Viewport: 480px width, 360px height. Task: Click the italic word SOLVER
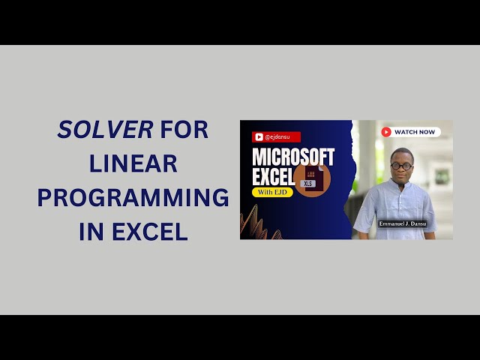click(105, 130)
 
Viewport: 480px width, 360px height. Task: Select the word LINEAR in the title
click(133, 163)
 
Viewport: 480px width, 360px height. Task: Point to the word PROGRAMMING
click(133, 198)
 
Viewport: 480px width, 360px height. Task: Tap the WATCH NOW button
click(409, 132)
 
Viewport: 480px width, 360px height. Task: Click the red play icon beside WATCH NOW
click(386, 132)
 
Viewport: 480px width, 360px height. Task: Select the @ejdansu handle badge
click(277, 137)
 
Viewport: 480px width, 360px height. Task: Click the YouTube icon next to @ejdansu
click(259, 137)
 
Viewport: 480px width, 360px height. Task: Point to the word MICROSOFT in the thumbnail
click(293, 157)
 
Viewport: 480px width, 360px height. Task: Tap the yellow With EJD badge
click(271, 193)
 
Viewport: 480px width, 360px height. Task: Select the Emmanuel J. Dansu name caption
click(403, 223)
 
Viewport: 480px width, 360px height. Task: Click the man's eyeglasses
click(401, 166)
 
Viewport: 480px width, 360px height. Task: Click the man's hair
click(401, 152)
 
